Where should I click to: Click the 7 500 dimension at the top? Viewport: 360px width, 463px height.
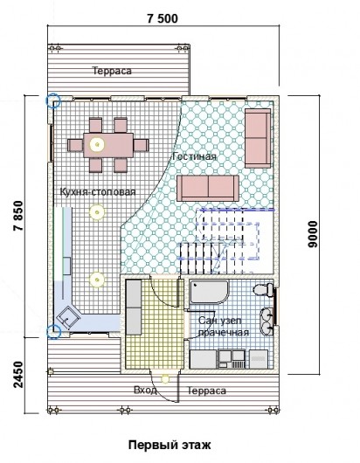[163, 18]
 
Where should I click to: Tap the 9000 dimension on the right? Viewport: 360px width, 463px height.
[313, 234]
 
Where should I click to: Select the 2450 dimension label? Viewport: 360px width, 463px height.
[17, 375]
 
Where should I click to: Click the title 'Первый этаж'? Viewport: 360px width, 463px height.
[170, 445]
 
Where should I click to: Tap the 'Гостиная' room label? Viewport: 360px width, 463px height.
[194, 155]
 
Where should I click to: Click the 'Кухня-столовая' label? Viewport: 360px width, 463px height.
[98, 191]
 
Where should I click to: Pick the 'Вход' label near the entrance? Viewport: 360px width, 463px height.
[145, 390]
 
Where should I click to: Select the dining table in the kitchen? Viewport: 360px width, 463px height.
[108, 145]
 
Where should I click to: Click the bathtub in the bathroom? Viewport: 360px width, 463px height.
[209, 292]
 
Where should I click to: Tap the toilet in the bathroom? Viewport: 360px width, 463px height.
[263, 289]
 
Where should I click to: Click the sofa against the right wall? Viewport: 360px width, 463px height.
[258, 138]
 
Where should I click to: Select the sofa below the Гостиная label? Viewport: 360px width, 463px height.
[208, 188]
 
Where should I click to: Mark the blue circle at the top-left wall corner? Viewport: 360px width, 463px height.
[53, 100]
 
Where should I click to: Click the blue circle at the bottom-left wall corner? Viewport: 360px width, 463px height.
[53, 331]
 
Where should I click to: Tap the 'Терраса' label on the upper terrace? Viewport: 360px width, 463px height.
[112, 71]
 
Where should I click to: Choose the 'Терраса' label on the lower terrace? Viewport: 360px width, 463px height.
[207, 390]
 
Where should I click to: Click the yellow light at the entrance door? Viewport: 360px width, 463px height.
[165, 379]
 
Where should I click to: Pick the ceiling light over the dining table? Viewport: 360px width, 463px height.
[97, 144]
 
